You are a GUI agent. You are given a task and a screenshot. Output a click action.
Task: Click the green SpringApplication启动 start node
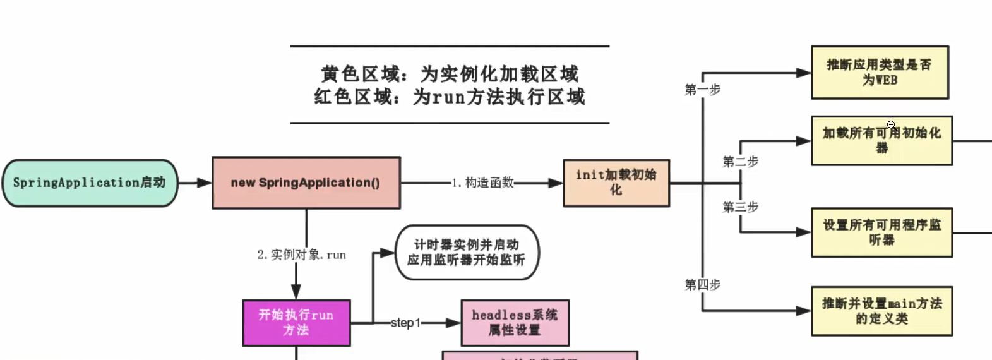click(x=90, y=183)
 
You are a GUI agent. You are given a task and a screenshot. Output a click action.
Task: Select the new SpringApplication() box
click(x=306, y=183)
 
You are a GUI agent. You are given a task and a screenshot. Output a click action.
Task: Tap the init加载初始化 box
click(x=616, y=183)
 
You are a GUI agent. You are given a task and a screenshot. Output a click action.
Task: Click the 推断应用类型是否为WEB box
click(x=880, y=73)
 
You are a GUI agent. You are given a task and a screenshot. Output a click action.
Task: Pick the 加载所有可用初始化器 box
click(x=881, y=140)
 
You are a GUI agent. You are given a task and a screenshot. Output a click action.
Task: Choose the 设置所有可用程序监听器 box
click(x=881, y=232)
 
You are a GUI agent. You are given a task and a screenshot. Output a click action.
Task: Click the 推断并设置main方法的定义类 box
click(x=881, y=311)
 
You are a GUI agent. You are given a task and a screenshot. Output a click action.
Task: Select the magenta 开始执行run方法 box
click(x=296, y=323)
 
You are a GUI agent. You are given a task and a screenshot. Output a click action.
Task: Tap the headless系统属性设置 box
click(x=515, y=323)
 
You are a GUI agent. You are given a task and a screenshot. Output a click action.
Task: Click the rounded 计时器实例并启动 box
click(x=467, y=253)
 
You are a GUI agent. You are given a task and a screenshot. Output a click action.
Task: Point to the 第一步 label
click(x=702, y=90)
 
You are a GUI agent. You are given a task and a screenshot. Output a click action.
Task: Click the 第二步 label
click(x=740, y=162)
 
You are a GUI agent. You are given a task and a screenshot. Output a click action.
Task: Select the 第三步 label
click(x=740, y=207)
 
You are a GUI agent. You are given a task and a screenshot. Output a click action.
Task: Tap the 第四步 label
click(x=702, y=285)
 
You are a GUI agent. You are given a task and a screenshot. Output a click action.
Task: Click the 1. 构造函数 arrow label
click(x=482, y=183)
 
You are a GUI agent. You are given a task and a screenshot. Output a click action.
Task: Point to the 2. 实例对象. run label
click(x=301, y=255)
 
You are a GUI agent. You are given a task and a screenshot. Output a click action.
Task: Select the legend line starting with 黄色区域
click(x=450, y=75)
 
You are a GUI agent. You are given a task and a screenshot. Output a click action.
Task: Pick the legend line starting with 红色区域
click(x=450, y=97)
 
